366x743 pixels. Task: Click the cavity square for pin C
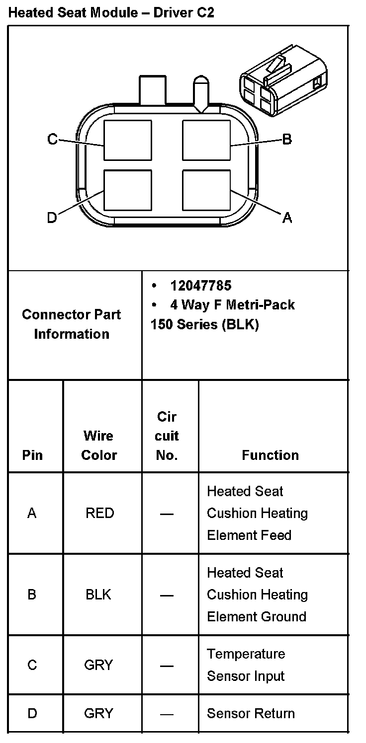click(128, 140)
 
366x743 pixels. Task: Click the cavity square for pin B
click(206, 140)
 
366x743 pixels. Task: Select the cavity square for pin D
click(128, 190)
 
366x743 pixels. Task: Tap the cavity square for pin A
click(206, 190)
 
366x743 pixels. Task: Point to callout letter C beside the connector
click(52, 139)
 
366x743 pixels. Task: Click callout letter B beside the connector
click(287, 139)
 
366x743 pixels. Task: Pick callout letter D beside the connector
click(52, 218)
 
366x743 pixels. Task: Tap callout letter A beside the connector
click(287, 218)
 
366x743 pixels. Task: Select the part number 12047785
click(200, 286)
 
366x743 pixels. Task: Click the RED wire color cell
click(99, 513)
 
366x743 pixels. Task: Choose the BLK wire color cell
click(98, 594)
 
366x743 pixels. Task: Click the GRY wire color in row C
click(98, 665)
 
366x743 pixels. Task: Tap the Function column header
click(270, 455)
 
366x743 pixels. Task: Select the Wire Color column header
click(99, 446)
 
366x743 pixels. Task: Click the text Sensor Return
click(251, 714)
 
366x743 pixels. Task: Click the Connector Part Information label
click(72, 324)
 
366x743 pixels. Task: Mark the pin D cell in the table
click(32, 714)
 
